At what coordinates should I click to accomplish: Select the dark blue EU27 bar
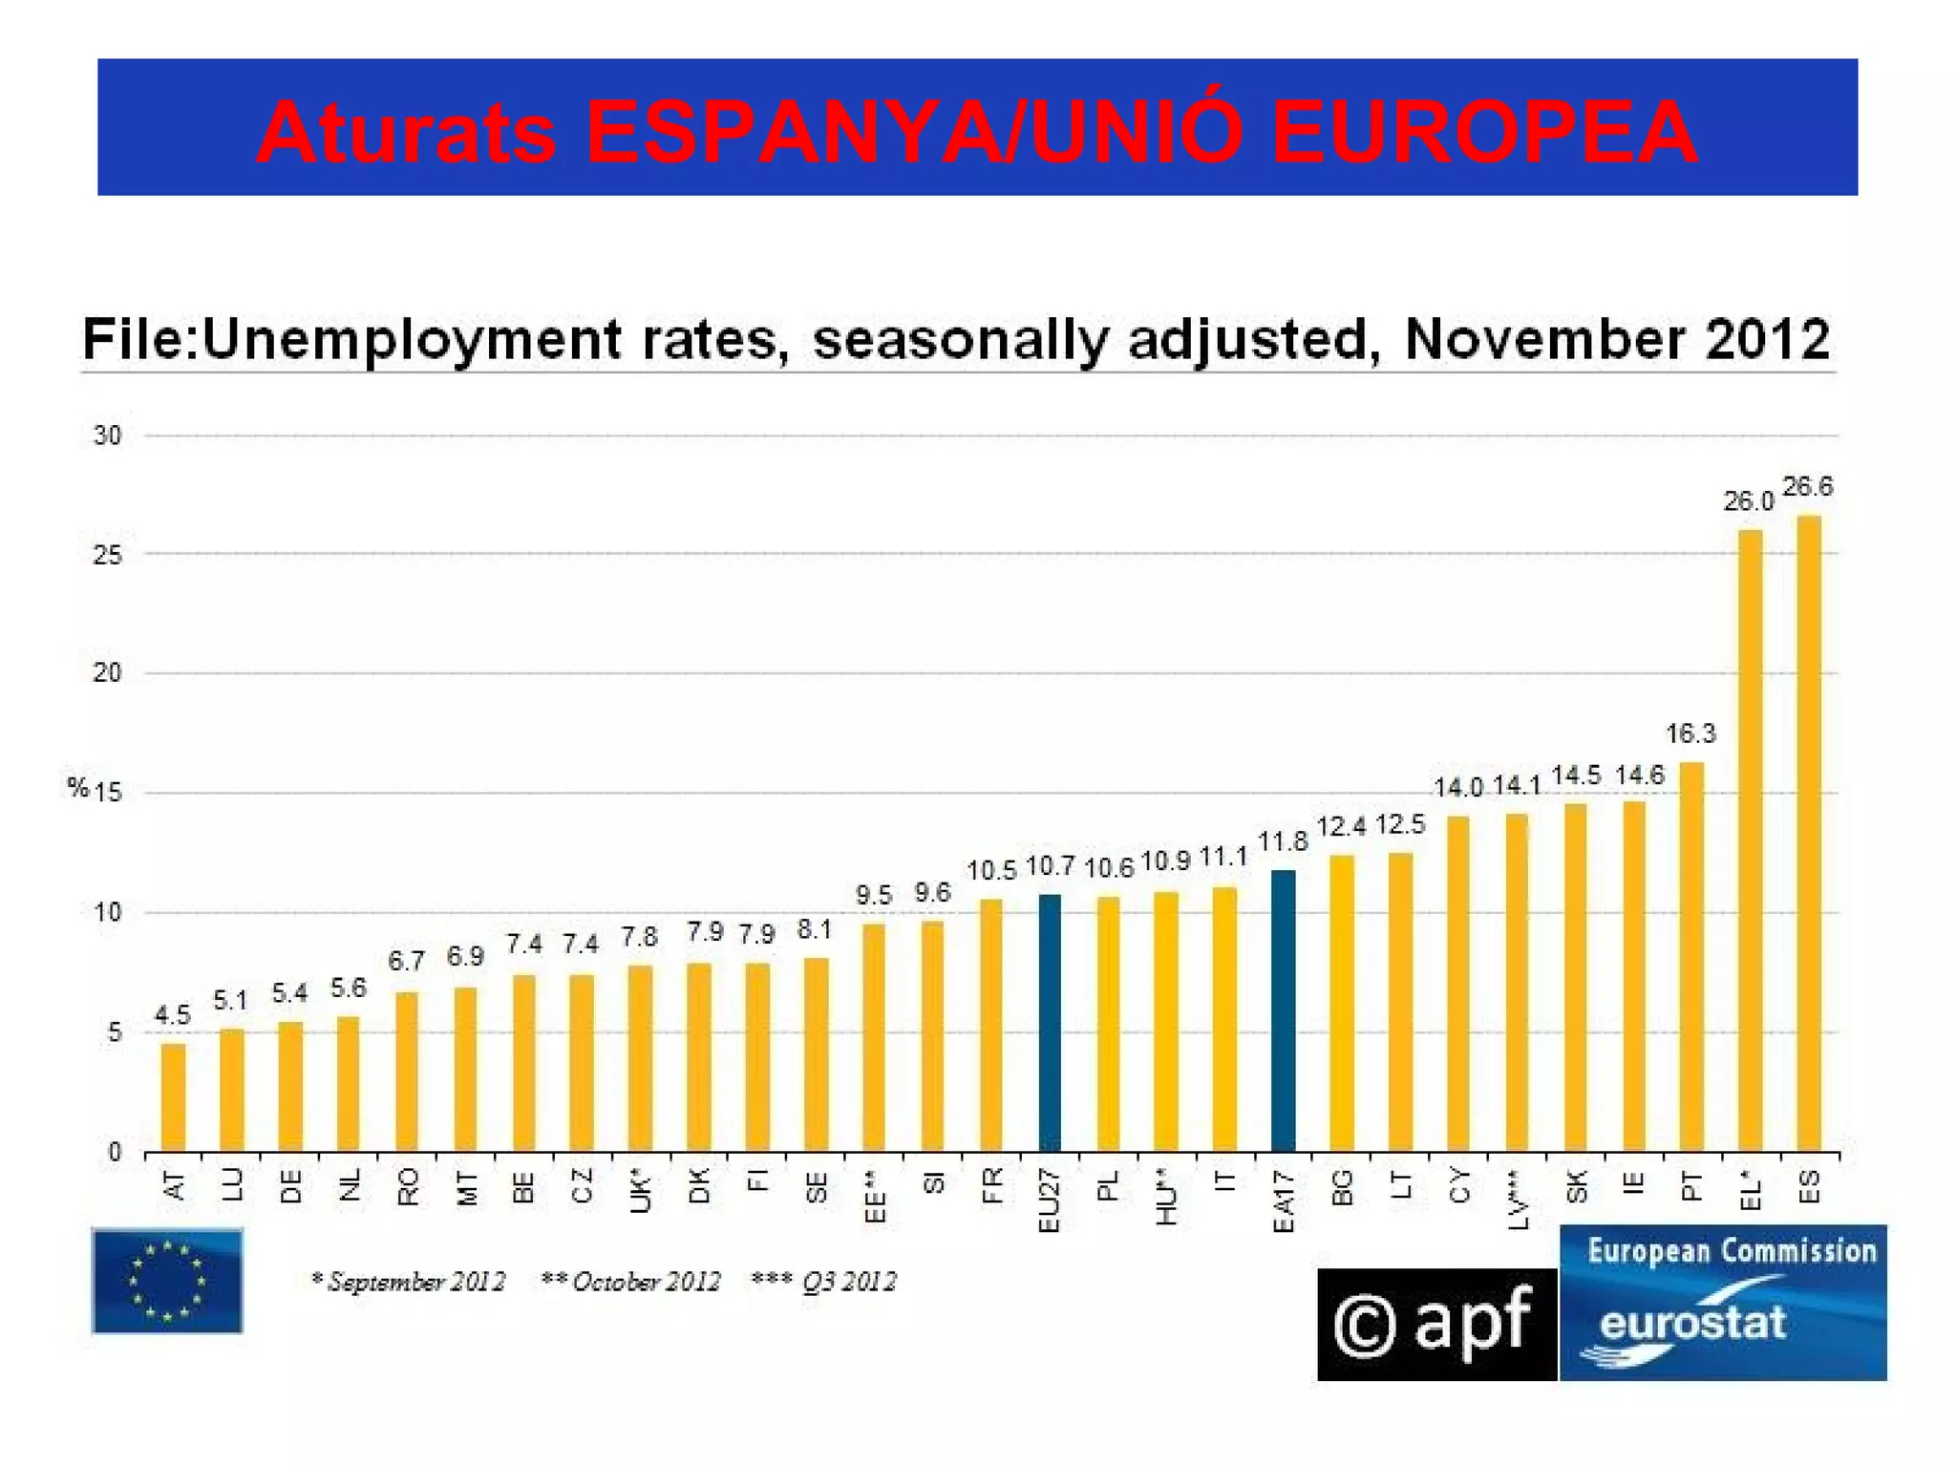point(1049,1022)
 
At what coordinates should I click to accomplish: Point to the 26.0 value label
point(1747,501)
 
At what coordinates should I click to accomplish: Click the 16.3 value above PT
point(1690,733)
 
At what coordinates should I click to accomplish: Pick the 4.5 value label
point(173,1014)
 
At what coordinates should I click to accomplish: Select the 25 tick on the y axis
point(107,555)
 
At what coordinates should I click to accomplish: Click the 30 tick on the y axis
point(107,436)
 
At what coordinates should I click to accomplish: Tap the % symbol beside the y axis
point(77,787)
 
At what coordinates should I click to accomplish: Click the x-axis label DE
point(291,1186)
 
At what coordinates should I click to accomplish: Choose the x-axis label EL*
point(1750,1190)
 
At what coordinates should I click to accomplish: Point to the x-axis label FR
point(992,1185)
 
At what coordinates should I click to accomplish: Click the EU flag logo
point(167,1280)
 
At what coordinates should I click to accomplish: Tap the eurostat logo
point(1722,1303)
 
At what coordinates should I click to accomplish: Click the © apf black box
point(1435,1324)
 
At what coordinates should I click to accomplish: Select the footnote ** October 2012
point(630,1281)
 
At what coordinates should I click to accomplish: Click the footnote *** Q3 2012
point(823,1281)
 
